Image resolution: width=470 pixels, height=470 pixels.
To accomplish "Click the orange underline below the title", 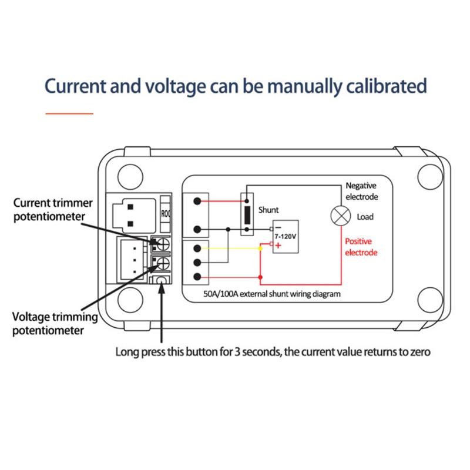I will coord(69,113).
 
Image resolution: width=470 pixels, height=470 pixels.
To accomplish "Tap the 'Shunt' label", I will coord(268,210).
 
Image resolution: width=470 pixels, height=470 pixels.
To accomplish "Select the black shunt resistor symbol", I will coord(248,215).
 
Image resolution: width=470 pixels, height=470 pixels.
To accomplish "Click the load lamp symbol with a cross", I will coord(339,216).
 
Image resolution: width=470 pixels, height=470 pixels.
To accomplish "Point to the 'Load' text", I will coord(365,217).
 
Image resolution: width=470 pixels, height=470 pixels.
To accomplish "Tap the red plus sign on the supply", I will coord(278,245).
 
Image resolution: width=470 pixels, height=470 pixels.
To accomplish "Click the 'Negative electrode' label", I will coord(361,191).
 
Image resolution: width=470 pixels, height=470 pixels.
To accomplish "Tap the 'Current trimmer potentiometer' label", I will coord(53,209).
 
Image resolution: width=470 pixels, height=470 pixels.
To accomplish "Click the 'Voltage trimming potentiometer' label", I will coord(54,323).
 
